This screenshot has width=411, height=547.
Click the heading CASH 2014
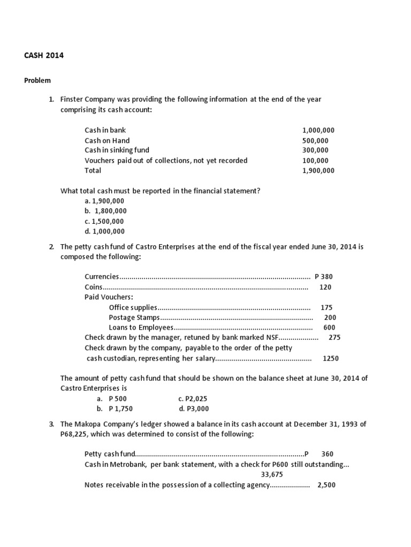click(44, 55)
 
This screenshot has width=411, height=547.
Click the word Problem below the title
click(37, 81)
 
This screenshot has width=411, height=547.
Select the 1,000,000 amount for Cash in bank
click(318, 130)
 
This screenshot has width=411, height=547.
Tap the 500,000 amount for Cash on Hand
click(315, 140)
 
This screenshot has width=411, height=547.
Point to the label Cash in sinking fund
click(117, 150)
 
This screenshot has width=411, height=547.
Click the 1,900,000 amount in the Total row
click(318, 170)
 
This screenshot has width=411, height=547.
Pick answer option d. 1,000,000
click(104, 231)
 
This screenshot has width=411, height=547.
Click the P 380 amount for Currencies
click(324, 277)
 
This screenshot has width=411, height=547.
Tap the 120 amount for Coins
click(325, 287)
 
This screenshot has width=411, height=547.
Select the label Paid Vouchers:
click(109, 297)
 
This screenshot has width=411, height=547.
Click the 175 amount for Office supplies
click(326, 307)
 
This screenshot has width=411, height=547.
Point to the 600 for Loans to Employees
click(329, 327)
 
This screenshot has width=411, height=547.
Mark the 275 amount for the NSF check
click(334, 338)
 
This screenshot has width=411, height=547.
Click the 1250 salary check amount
click(331, 358)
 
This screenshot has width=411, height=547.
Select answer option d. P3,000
click(194, 409)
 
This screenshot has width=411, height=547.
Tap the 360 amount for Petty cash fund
click(327, 454)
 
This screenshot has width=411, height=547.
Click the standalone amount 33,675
click(272, 474)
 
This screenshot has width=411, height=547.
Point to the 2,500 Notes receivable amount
click(326, 485)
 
